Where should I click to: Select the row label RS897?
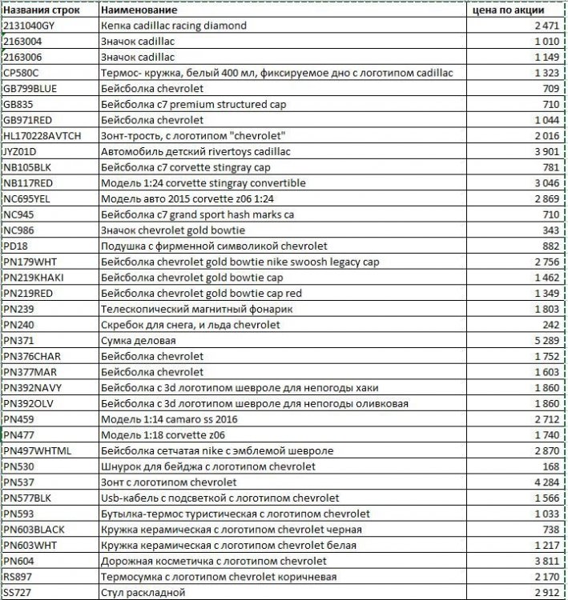coord(19,577)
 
